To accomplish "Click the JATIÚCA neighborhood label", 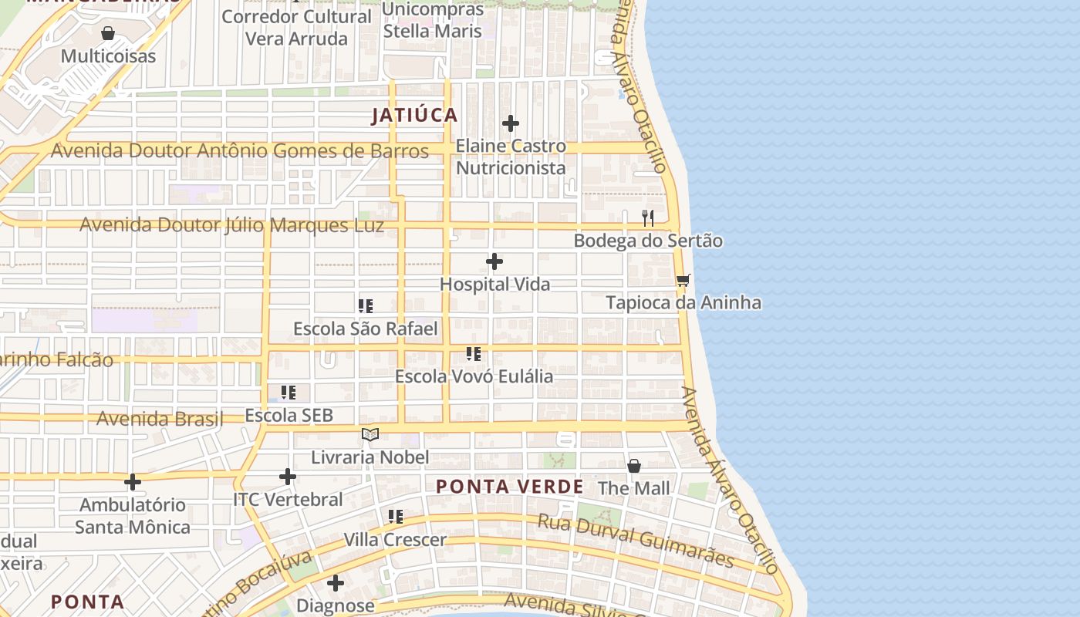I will click(x=414, y=116).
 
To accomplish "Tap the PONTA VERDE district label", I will click(x=509, y=487).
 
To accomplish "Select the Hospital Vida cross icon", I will click(x=494, y=262).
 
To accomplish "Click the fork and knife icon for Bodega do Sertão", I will click(x=648, y=218).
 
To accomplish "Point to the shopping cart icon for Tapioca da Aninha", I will click(x=683, y=281).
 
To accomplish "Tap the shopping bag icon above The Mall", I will click(x=633, y=466).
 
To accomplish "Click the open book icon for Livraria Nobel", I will click(x=370, y=435).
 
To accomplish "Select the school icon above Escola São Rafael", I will click(x=366, y=306).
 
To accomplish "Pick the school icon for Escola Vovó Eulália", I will click(x=474, y=354).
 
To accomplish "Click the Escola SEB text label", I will click(x=289, y=416).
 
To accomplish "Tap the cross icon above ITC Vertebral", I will click(x=288, y=477).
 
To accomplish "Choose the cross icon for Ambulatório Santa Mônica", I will click(x=133, y=482).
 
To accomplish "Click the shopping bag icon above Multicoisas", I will click(x=108, y=33).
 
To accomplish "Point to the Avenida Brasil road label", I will click(x=159, y=419).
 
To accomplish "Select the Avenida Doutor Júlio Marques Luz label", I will click(x=231, y=226).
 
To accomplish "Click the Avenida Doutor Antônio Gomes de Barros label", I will click(x=239, y=151).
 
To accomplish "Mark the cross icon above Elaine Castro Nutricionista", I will click(x=510, y=123).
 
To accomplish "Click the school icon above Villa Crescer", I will click(x=395, y=516).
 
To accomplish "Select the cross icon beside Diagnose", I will click(x=336, y=583).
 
